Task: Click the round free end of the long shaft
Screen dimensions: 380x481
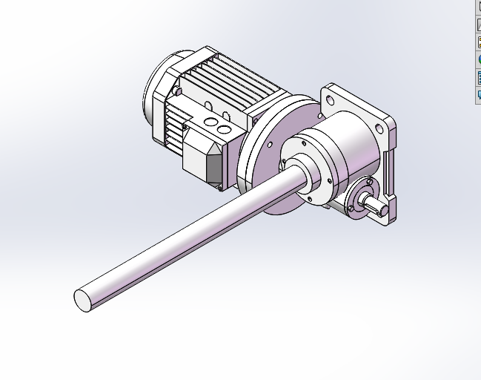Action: click(84, 300)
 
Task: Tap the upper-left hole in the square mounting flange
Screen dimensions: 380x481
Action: click(328, 97)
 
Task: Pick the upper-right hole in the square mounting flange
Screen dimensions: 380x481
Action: click(381, 128)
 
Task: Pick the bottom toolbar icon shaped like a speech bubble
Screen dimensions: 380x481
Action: click(478, 94)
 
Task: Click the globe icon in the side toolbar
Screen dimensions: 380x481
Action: click(478, 59)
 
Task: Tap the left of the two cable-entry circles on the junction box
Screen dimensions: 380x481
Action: click(210, 121)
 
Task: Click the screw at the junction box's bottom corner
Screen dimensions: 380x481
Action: click(220, 187)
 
